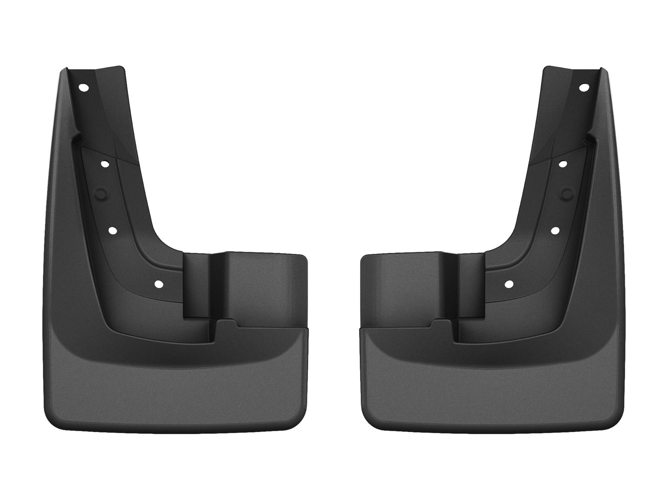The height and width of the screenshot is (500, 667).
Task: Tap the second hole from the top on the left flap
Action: (x=105, y=164)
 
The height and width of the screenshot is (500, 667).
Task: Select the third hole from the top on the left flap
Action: (x=112, y=231)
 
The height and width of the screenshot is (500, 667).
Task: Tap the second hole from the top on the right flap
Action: (x=563, y=164)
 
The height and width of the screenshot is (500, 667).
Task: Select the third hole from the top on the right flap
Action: (x=555, y=230)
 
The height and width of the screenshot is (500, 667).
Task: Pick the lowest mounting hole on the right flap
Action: (x=509, y=283)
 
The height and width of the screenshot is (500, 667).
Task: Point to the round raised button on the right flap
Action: (x=565, y=192)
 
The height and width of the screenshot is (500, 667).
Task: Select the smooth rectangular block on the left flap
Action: (x=262, y=284)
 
